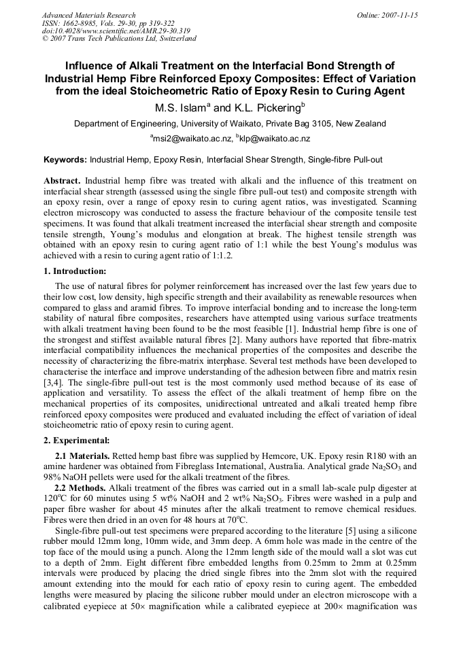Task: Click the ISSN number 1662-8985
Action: (x=80, y=22)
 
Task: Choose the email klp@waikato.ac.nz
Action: (x=275, y=139)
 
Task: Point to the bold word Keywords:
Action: (x=65, y=160)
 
